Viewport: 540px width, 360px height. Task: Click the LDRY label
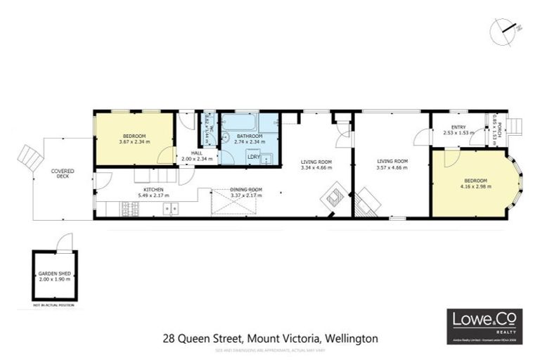pos(255,156)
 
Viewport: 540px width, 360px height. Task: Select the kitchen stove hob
pos(131,208)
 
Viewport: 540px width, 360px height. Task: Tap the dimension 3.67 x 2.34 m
pos(134,142)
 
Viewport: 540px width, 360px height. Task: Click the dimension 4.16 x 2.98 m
pos(476,188)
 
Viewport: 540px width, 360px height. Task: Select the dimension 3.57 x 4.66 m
pos(392,167)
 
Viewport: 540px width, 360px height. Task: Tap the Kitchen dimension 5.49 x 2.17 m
pos(153,195)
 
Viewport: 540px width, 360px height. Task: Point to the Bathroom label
pos(250,136)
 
